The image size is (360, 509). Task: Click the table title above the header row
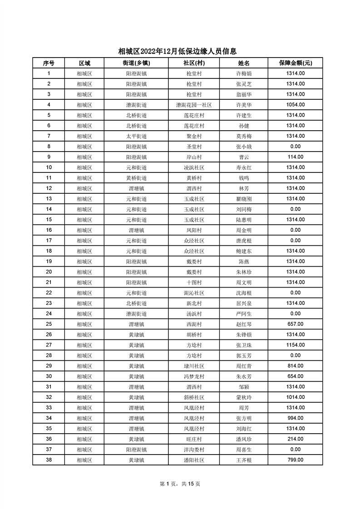coord(178,51)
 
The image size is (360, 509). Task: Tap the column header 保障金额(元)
coord(295,63)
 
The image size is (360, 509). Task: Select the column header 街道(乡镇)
coord(136,63)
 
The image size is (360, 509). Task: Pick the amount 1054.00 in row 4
coord(295,105)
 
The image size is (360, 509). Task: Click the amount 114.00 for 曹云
coord(295,157)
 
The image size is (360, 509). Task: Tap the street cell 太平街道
coord(136,136)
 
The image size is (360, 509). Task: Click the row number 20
coord(49,272)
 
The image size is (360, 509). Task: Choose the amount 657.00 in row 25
coord(295,324)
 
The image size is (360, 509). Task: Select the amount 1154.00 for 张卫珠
coord(295,345)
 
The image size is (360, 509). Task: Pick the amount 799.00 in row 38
coord(295,460)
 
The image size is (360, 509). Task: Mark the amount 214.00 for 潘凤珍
coord(295,439)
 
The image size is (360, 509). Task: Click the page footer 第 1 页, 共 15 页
coord(180,484)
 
